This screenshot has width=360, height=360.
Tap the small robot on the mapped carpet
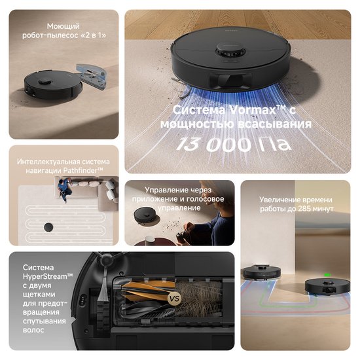(48, 226)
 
